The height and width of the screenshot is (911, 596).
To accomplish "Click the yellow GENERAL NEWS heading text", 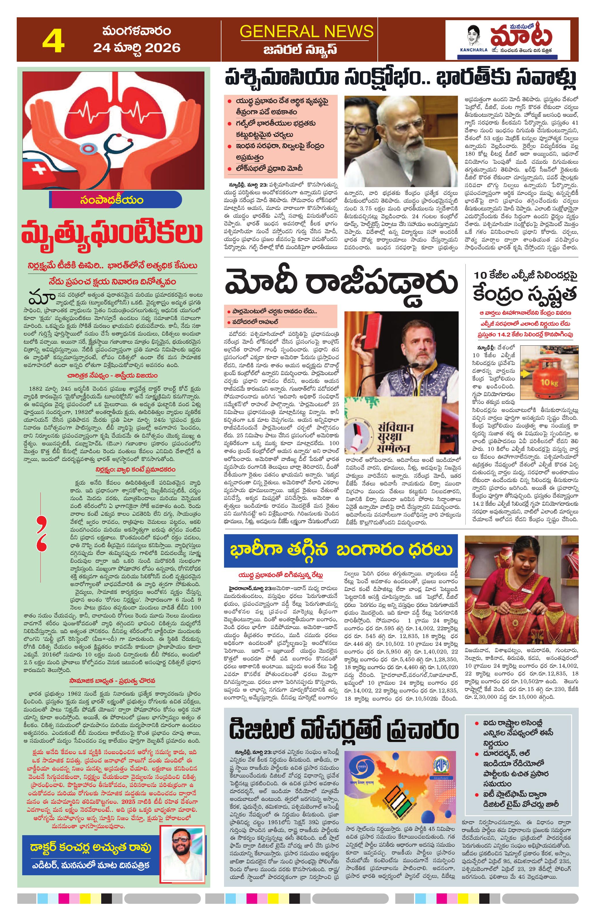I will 306,31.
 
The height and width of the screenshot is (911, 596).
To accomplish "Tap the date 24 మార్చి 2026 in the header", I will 137,48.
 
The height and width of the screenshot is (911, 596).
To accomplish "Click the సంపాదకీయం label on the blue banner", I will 112,200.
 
